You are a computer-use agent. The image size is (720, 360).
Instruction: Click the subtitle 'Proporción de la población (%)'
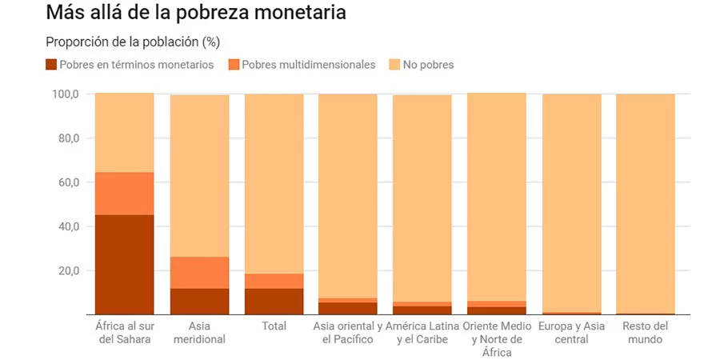click(132, 42)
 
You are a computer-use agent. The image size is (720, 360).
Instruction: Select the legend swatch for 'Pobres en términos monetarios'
click(51, 65)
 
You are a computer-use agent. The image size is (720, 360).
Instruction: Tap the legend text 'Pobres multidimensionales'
click(308, 65)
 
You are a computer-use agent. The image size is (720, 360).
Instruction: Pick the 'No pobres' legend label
click(428, 65)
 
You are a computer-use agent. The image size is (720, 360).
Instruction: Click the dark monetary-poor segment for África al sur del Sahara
click(124, 264)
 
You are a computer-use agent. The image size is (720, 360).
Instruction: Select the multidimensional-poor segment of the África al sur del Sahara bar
click(124, 194)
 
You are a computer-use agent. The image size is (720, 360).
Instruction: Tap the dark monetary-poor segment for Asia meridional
click(199, 301)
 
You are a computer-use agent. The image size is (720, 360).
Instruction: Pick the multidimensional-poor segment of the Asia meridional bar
click(199, 273)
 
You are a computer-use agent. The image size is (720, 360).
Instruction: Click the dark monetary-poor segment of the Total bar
click(274, 301)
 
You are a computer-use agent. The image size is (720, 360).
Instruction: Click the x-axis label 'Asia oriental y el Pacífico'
click(347, 333)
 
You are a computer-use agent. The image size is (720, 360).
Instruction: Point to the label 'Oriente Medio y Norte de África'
click(497, 339)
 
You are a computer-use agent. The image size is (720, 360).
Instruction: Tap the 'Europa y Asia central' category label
click(571, 333)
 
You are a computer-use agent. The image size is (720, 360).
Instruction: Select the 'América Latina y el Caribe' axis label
click(422, 333)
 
